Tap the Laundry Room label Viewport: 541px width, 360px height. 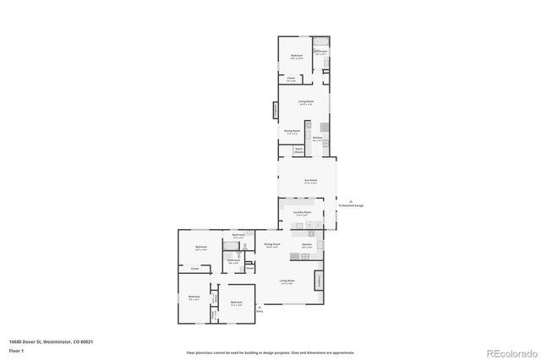pos(298,214)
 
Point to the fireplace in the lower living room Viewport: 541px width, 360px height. pos(320,281)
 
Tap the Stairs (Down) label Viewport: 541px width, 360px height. pos(298,150)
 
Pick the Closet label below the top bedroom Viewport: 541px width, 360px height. pos(291,79)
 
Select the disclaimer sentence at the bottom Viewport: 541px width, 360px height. pos(270,352)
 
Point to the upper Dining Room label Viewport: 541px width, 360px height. pos(292,132)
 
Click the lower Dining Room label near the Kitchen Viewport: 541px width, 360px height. pos(272,244)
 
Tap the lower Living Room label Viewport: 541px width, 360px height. pos(287,281)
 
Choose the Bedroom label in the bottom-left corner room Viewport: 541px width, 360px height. pos(194,297)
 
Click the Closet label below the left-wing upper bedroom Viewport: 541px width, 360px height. pos(195,269)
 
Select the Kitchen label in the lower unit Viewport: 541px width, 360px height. pos(307,245)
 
